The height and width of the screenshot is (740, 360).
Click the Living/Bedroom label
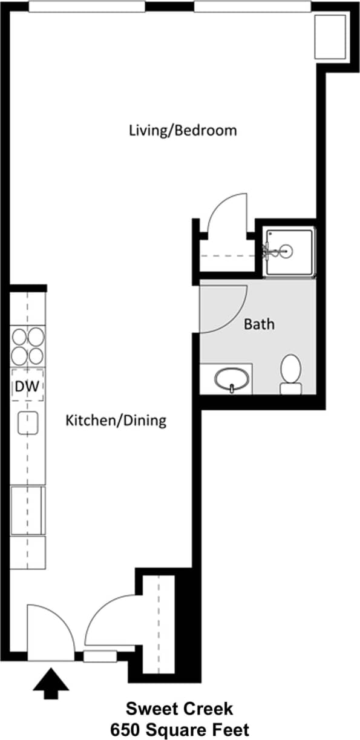pyautogui.click(x=182, y=130)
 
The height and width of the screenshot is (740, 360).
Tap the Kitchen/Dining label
pyautogui.click(x=116, y=420)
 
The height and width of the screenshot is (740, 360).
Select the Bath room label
pyautogui.click(x=259, y=324)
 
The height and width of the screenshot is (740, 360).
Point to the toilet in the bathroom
pyautogui.click(x=291, y=374)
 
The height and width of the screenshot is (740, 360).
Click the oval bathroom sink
pyautogui.click(x=232, y=378)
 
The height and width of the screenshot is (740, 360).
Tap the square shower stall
pyautogui.click(x=289, y=251)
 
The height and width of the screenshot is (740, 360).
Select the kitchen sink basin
pyautogui.click(x=28, y=422)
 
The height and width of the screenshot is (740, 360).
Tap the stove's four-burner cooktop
pyautogui.click(x=28, y=345)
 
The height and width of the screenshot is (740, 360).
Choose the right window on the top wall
pyautogui.click(x=252, y=7)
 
